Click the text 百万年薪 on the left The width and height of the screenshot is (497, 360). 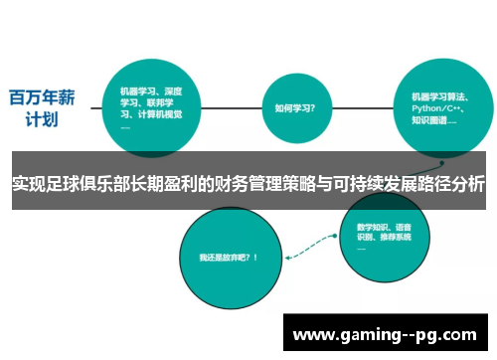[42, 97]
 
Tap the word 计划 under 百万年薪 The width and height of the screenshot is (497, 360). [42, 120]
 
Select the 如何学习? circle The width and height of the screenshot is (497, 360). [295, 108]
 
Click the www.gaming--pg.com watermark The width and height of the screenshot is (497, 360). [390, 331]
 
